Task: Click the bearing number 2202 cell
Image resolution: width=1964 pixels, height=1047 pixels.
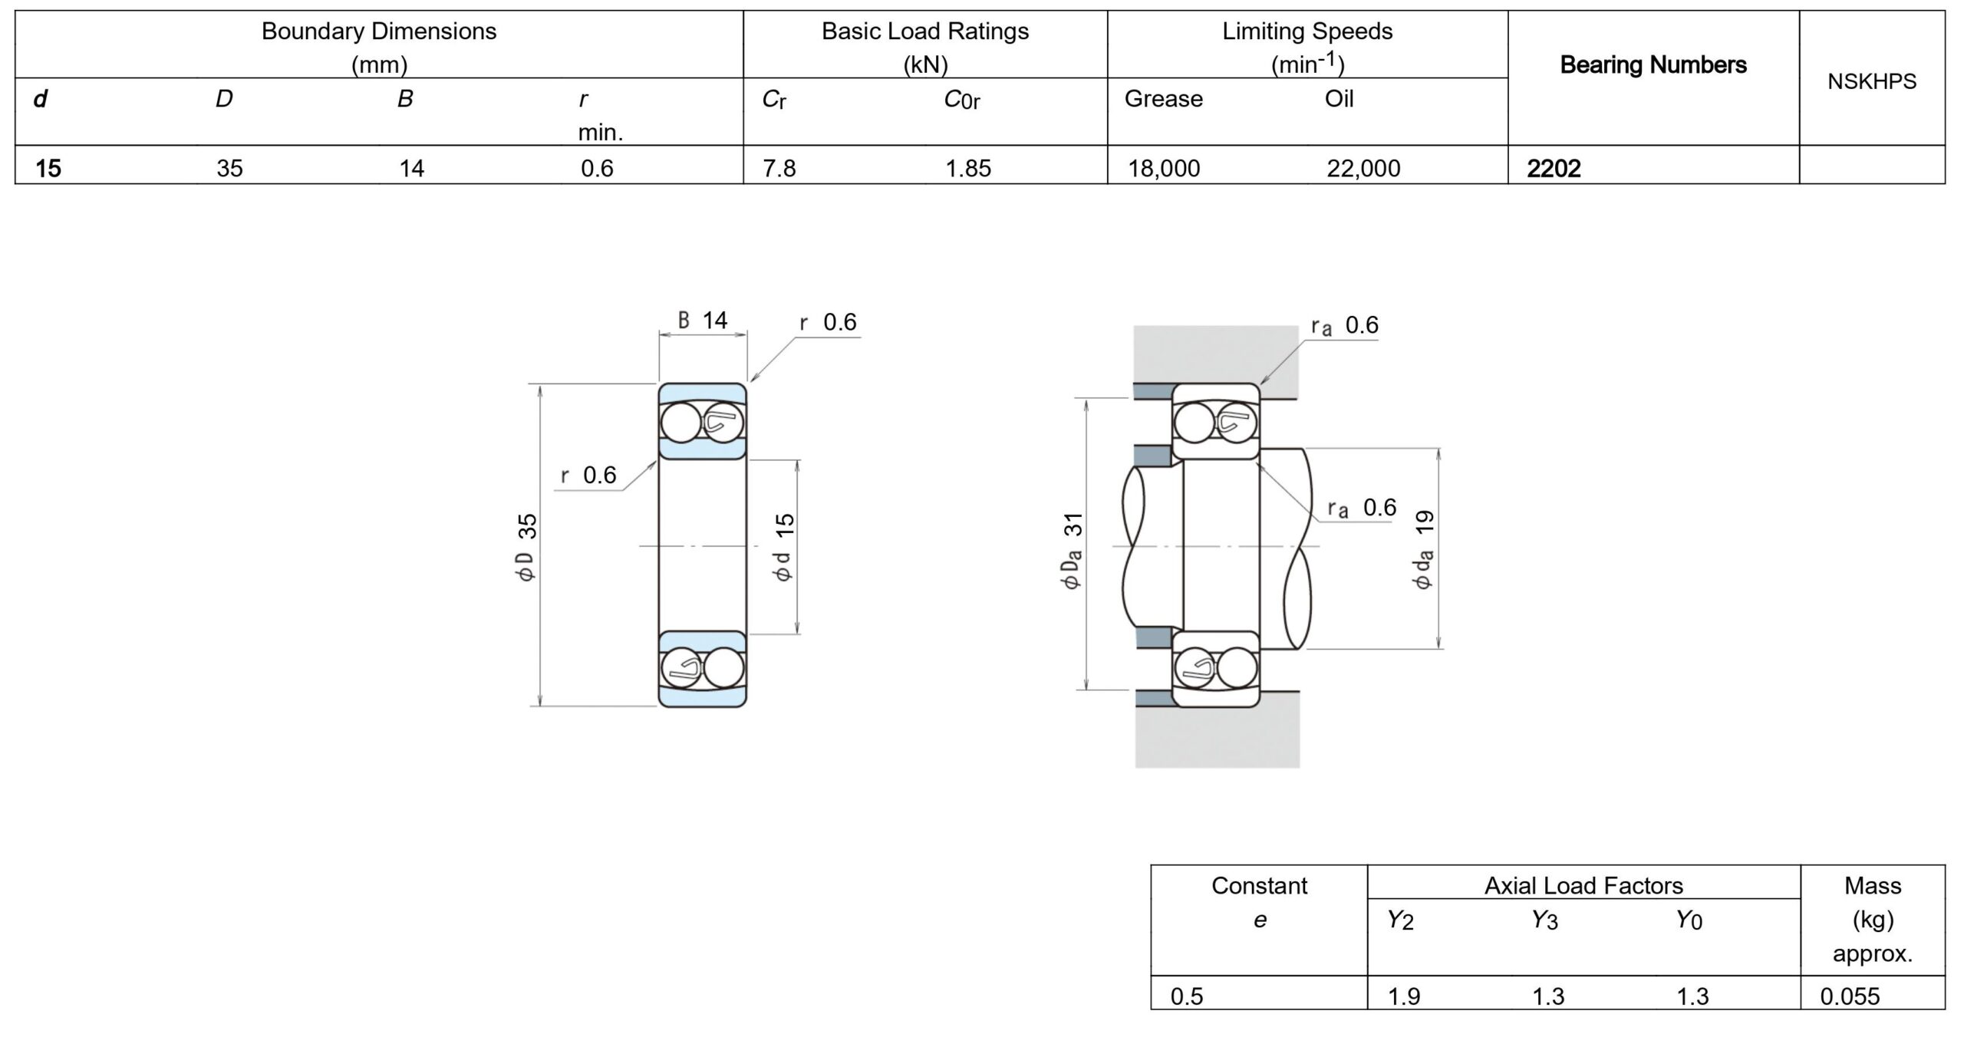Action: pos(1554,168)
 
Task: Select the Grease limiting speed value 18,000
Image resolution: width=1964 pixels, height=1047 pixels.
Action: pos(1164,168)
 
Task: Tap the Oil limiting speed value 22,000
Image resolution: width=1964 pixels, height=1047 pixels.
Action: pos(1363,168)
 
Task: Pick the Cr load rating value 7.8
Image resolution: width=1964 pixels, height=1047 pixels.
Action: pos(779,168)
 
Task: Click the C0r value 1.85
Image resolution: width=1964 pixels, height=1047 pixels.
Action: pos(968,168)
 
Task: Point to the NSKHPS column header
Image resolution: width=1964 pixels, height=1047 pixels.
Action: pos(1871,81)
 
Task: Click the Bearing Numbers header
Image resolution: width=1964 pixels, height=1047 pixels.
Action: pos(1653,65)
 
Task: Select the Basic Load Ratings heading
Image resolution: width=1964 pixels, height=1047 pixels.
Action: pos(925,31)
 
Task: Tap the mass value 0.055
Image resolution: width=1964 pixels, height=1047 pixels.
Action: pos(1850,996)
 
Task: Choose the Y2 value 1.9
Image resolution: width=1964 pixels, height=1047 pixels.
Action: pos(1404,996)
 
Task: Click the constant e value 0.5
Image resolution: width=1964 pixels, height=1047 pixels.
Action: pos(1187,996)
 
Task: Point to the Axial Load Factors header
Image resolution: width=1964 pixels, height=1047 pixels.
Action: pos(1583,886)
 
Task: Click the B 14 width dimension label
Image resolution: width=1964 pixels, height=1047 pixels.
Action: pos(703,320)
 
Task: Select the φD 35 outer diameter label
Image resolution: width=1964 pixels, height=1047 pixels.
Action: pos(527,547)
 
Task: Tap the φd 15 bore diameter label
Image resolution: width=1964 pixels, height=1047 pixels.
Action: pos(784,547)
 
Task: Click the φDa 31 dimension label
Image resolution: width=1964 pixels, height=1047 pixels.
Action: pos(1072,550)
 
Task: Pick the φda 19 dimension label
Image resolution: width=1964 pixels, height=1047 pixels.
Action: pos(1423,550)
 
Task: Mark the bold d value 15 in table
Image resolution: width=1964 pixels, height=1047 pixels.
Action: pos(48,168)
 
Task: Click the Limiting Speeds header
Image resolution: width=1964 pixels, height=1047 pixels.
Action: pos(1307,31)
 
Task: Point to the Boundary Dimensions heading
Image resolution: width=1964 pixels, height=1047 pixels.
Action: pos(379,31)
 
